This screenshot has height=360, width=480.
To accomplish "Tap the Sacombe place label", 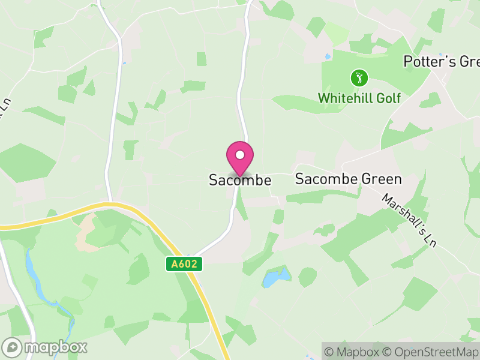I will (240, 180).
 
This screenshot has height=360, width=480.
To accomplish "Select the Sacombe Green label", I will (349, 179).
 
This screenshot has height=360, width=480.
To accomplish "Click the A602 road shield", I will (184, 263).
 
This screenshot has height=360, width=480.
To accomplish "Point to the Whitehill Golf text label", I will (359, 98).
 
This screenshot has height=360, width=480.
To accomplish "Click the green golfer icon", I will (359, 77).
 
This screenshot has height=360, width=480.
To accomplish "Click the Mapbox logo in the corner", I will (46, 347).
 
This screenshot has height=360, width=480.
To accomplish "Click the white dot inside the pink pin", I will (240, 154).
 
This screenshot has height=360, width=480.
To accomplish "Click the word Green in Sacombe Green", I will (381, 179).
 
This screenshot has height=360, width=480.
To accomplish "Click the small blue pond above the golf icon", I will (328, 57).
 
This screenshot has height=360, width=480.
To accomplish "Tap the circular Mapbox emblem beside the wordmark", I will (13, 347).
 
